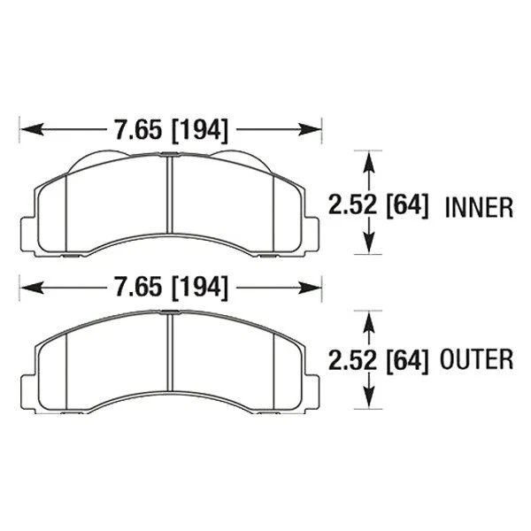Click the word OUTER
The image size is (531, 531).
(480, 359)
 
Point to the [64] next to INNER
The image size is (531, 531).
(408, 206)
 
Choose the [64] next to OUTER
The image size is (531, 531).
(408, 359)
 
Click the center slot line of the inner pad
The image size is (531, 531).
(168, 199)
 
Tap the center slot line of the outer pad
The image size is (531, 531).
(168, 354)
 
